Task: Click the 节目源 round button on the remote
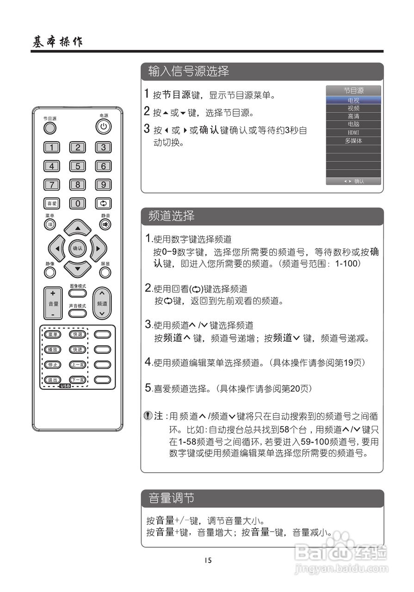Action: [50, 128]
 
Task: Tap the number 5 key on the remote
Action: [78, 166]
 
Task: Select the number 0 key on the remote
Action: [78, 203]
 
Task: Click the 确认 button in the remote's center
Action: [77, 248]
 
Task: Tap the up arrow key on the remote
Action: [78, 228]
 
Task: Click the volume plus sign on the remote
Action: [53, 293]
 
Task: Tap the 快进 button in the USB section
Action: [77, 350]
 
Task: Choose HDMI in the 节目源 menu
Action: [353, 133]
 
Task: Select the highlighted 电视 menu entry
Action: [353, 100]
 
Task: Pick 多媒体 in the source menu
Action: [353, 141]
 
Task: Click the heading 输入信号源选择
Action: [189, 71]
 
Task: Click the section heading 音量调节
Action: [171, 498]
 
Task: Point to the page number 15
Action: [208, 560]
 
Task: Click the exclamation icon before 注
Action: [148, 416]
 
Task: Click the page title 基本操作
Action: [57, 42]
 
